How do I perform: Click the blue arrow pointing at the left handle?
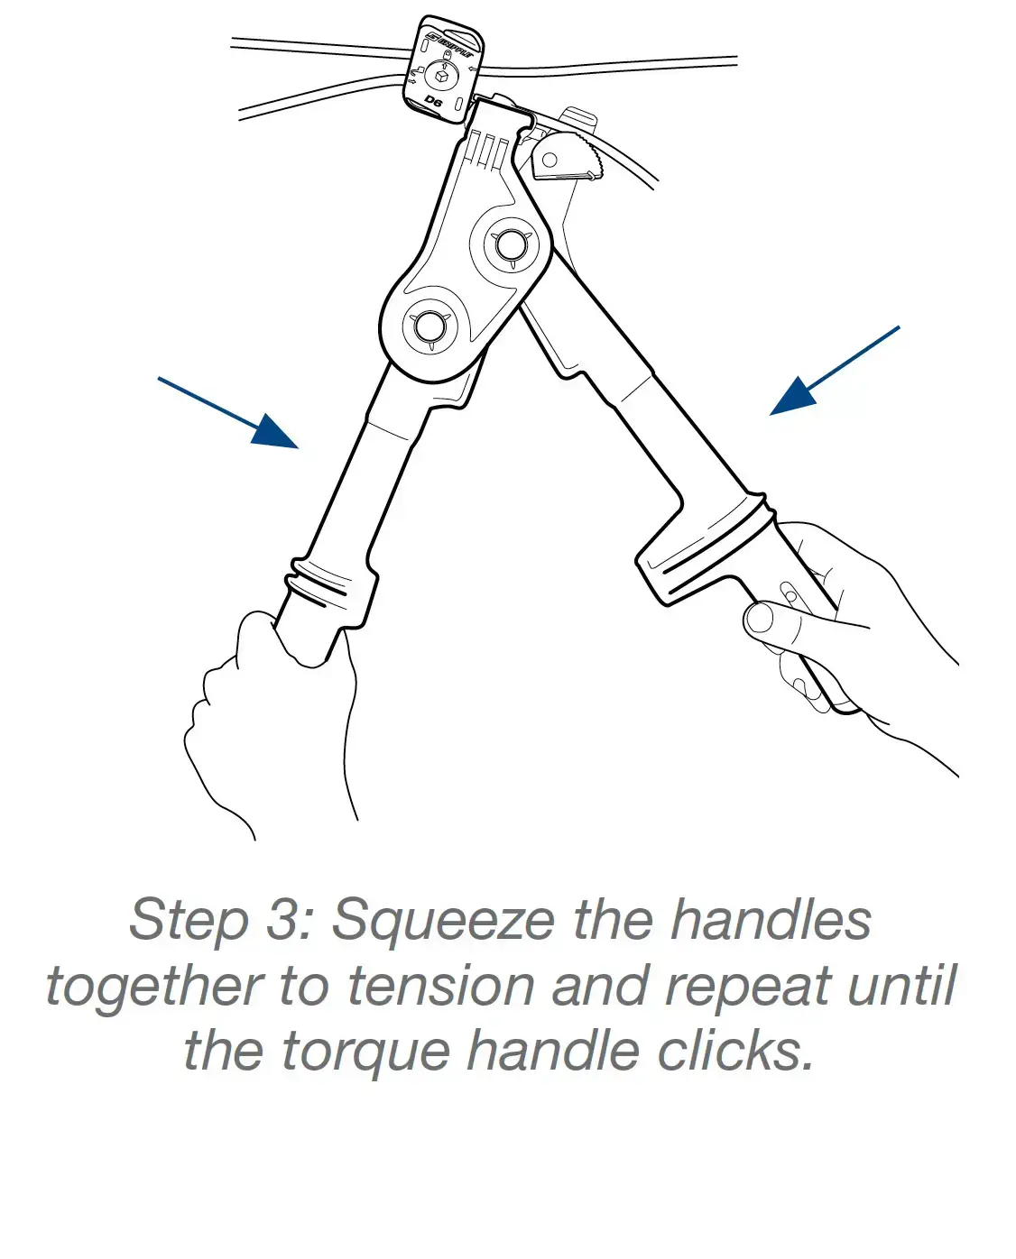click(228, 413)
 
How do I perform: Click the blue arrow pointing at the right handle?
click(835, 371)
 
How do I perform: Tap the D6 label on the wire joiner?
click(433, 101)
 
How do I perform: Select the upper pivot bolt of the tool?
click(511, 244)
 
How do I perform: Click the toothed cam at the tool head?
click(567, 156)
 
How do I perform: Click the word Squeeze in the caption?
click(443, 920)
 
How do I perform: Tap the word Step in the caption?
click(189, 920)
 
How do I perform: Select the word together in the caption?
click(154, 987)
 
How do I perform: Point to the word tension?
click(440, 987)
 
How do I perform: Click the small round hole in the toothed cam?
click(550, 159)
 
